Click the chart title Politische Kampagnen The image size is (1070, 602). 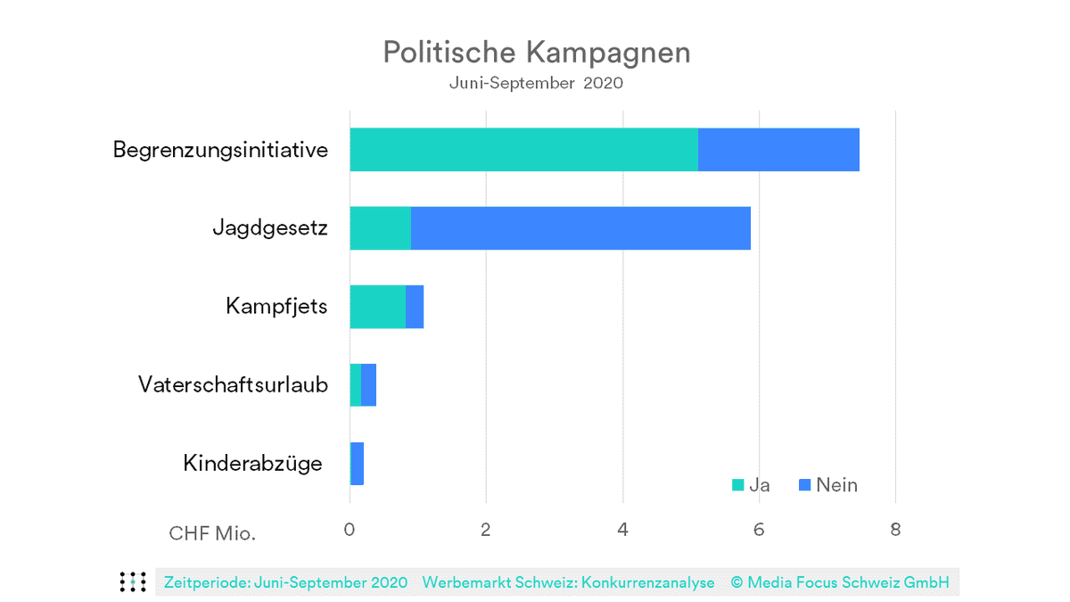536,52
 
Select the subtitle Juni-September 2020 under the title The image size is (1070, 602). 536,84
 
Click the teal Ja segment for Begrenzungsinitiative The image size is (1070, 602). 523,149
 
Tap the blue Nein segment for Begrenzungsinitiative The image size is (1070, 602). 778,149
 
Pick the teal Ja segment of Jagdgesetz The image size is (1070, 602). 380,228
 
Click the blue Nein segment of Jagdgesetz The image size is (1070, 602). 580,228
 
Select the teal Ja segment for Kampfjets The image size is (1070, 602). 377,307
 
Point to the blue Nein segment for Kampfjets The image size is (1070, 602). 415,307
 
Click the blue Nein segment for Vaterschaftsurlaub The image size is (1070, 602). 368,385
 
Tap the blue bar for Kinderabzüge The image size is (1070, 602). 357,464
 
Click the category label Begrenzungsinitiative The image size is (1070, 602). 220,150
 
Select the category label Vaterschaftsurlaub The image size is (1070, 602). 233,385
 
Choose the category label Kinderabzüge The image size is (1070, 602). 252,464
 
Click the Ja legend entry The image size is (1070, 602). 751,485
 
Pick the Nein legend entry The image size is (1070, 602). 827,485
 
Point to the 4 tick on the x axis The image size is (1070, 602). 622,530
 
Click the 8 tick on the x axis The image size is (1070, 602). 895,530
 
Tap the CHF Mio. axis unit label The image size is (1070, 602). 212,533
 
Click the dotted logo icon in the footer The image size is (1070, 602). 133,581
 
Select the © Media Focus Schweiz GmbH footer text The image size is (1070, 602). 839,582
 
